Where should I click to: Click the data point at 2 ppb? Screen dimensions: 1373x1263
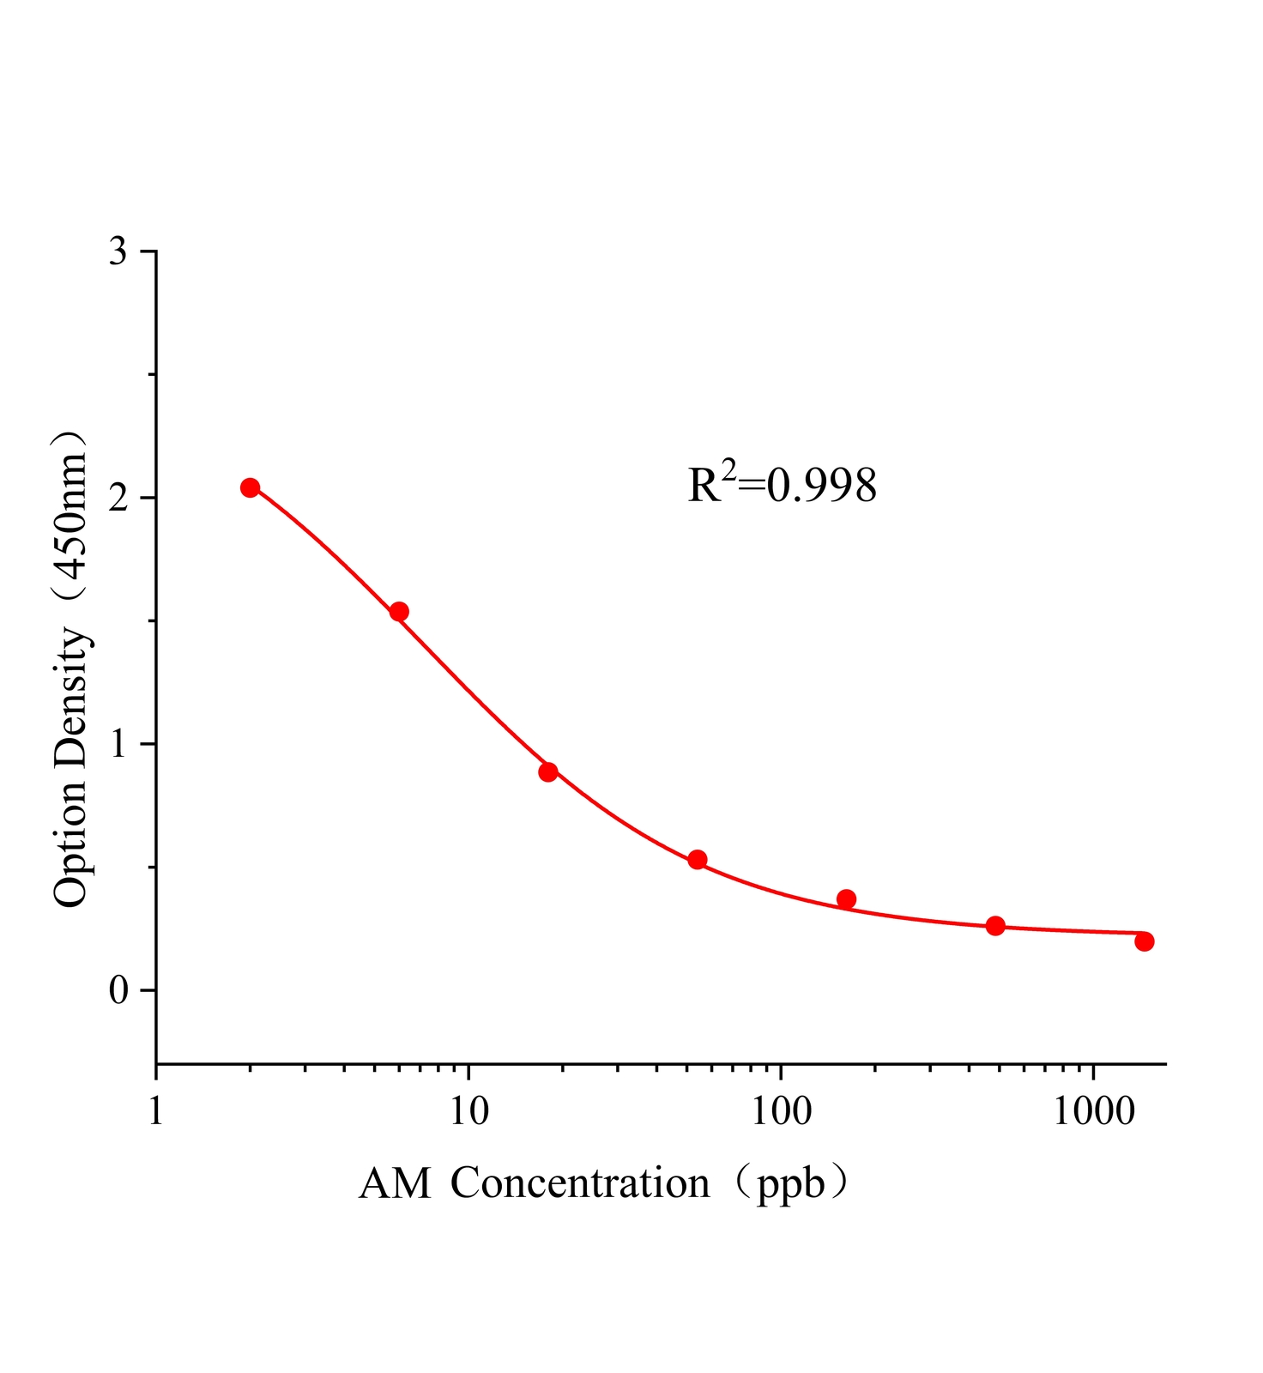(250, 487)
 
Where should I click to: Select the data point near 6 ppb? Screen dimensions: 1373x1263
(399, 612)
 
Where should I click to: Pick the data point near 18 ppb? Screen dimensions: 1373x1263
(548, 771)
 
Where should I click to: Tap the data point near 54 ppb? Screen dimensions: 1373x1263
(698, 860)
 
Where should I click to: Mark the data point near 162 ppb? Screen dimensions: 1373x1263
(846, 899)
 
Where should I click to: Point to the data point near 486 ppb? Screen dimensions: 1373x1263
(995, 926)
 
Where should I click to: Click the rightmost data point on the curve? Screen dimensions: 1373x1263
(1144, 941)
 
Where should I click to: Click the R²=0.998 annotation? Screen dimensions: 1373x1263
(782, 484)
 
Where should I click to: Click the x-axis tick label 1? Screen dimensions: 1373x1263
(155, 1112)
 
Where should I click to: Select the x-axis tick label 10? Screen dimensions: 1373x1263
(468, 1112)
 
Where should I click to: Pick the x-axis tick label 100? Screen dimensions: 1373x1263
(780, 1112)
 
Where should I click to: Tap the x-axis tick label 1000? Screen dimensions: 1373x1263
(1093, 1112)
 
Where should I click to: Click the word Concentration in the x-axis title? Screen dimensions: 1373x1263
(580, 1183)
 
